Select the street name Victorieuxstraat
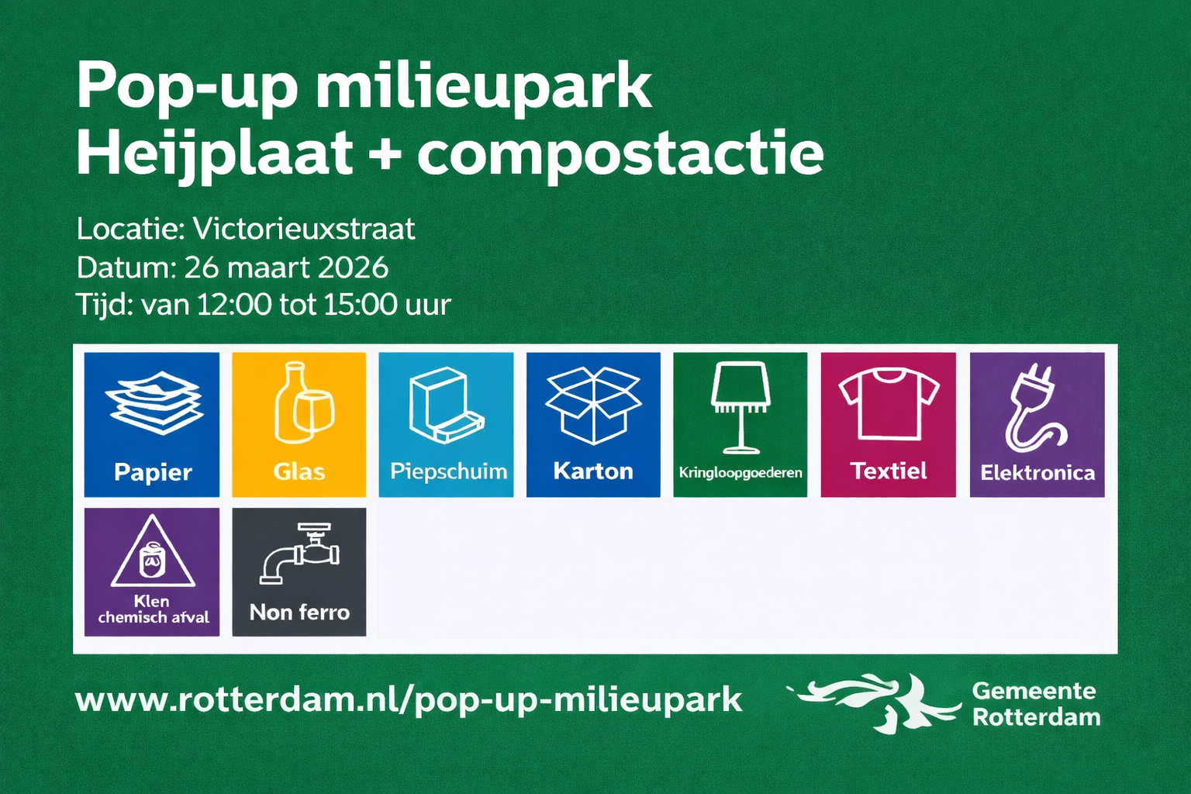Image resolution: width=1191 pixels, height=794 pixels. pyautogui.click(x=304, y=230)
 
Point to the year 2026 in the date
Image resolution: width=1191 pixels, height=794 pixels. pyautogui.click(x=353, y=268)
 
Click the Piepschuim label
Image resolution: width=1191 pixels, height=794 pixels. pyautogui.click(x=448, y=471)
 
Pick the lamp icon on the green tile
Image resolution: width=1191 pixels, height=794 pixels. pyautogui.click(x=740, y=407)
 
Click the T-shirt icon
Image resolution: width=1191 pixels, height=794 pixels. pyautogui.click(x=889, y=406)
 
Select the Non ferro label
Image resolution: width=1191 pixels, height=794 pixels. pyautogui.click(x=299, y=613)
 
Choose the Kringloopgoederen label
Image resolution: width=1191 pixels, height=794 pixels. pyautogui.click(x=740, y=473)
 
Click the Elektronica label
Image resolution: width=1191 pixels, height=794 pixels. pyautogui.click(x=1037, y=473)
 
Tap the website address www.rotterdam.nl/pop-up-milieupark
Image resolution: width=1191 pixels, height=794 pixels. pyautogui.click(x=409, y=701)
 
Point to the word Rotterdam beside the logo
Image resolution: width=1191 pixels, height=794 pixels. pyautogui.click(x=1036, y=717)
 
